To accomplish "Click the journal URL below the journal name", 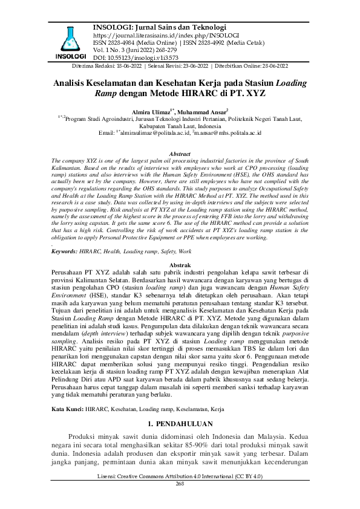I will pos(157,36).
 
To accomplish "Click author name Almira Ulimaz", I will pos(151,112).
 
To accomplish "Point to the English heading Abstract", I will pos(180,155).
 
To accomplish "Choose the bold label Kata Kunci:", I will pos(67,409).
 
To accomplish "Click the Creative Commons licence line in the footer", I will pos(180,477).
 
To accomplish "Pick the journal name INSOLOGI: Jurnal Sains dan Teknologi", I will pos(160,27).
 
